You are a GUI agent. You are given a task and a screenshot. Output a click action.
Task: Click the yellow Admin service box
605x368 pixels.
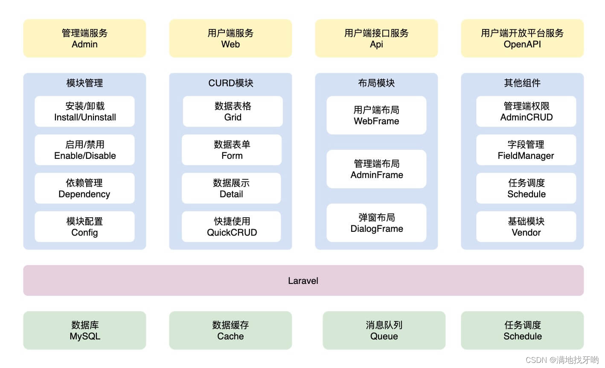[x=84, y=38]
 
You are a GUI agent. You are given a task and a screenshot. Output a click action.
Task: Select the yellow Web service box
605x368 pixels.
[x=230, y=38]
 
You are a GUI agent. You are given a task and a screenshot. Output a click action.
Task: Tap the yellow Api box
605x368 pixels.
[x=376, y=38]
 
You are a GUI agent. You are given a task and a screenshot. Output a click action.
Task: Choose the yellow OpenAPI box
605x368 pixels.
[x=522, y=38]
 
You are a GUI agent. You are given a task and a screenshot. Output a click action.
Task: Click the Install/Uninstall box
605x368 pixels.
[x=84, y=111]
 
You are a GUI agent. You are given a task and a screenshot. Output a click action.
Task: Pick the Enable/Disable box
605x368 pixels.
[x=84, y=150]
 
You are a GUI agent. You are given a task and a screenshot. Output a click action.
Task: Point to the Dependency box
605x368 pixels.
[x=84, y=188]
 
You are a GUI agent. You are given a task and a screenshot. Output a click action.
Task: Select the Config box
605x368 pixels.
[x=84, y=227]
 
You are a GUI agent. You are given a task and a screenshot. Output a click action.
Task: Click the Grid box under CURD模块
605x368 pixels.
[x=233, y=111]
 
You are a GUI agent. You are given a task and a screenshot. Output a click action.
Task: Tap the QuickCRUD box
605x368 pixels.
[x=232, y=227]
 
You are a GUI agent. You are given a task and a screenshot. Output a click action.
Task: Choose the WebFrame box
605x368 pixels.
[x=376, y=115]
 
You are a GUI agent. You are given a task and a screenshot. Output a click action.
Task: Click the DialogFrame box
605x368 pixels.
[x=376, y=223]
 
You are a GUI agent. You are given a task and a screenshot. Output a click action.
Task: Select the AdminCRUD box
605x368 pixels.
[x=526, y=111]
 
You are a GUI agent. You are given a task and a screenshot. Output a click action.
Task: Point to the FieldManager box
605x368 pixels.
[x=526, y=150]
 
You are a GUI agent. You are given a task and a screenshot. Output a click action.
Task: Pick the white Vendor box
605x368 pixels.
[x=526, y=227]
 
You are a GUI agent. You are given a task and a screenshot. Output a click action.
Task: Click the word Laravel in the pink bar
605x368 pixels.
[x=303, y=281]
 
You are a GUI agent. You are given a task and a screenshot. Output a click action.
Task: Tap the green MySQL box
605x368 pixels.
[x=84, y=330]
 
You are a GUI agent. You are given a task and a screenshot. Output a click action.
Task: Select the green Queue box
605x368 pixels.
[x=384, y=330]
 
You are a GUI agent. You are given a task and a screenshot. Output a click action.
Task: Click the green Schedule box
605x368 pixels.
[x=522, y=330]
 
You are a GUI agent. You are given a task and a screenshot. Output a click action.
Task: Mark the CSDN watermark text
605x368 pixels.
[x=561, y=360]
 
